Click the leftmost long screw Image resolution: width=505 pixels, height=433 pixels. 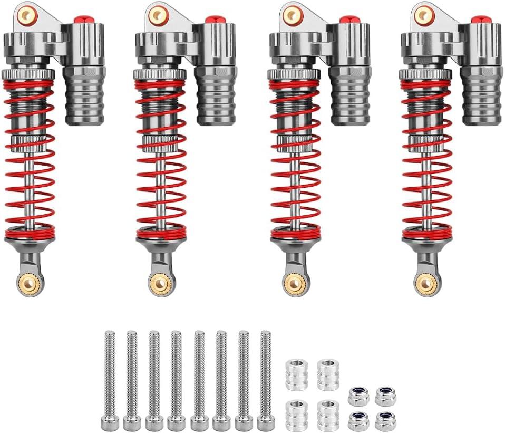click(110, 377)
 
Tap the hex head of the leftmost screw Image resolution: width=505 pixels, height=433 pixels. click(110, 422)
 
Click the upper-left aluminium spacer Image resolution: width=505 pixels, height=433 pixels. click(297, 374)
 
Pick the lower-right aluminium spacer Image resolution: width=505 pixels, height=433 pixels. click(328, 415)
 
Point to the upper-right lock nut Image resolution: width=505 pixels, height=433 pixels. click(385, 396)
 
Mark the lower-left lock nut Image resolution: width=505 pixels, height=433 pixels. click(358, 420)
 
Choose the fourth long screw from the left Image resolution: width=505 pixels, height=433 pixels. click(176, 377)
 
